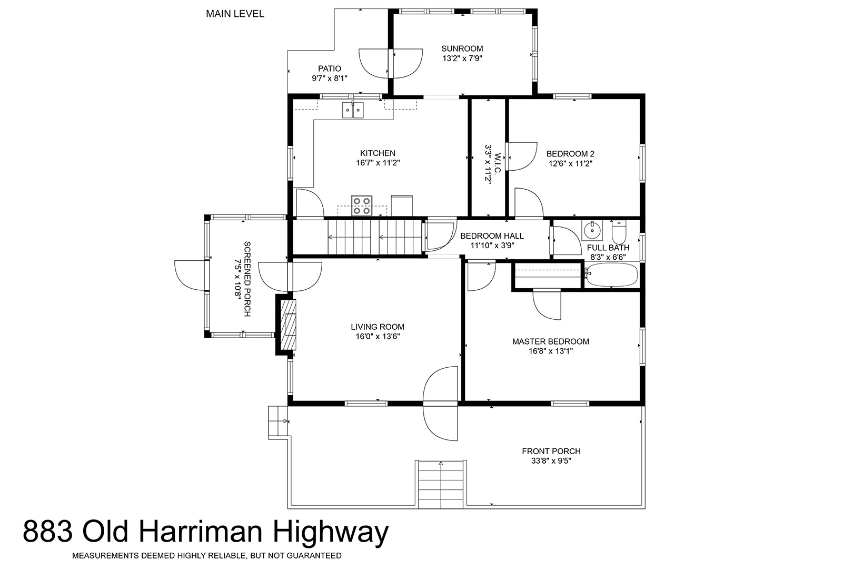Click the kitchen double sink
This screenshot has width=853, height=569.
pos(353,110)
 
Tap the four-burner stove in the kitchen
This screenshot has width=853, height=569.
pos(361,206)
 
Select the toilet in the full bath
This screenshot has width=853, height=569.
pos(618,232)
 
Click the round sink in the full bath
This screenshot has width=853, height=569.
pos(592,230)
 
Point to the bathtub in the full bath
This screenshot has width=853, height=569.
pos(611,275)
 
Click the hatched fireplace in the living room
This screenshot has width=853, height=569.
pos(288,325)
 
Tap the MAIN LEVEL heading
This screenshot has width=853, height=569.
pos(235,14)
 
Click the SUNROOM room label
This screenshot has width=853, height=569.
pos(462,49)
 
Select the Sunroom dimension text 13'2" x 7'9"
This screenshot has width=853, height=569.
pos(462,58)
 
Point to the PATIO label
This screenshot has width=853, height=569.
pos(330,68)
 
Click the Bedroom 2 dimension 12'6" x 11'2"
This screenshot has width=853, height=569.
pos(570,164)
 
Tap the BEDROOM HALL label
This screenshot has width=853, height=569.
pos(492,236)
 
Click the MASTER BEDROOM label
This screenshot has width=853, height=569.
pos(550,341)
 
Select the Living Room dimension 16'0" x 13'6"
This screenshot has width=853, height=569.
pos(378,337)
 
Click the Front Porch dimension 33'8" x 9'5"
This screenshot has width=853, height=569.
pos(551,461)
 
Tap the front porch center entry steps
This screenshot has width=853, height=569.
pos(441,484)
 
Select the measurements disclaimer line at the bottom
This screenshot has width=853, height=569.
pos(207,556)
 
